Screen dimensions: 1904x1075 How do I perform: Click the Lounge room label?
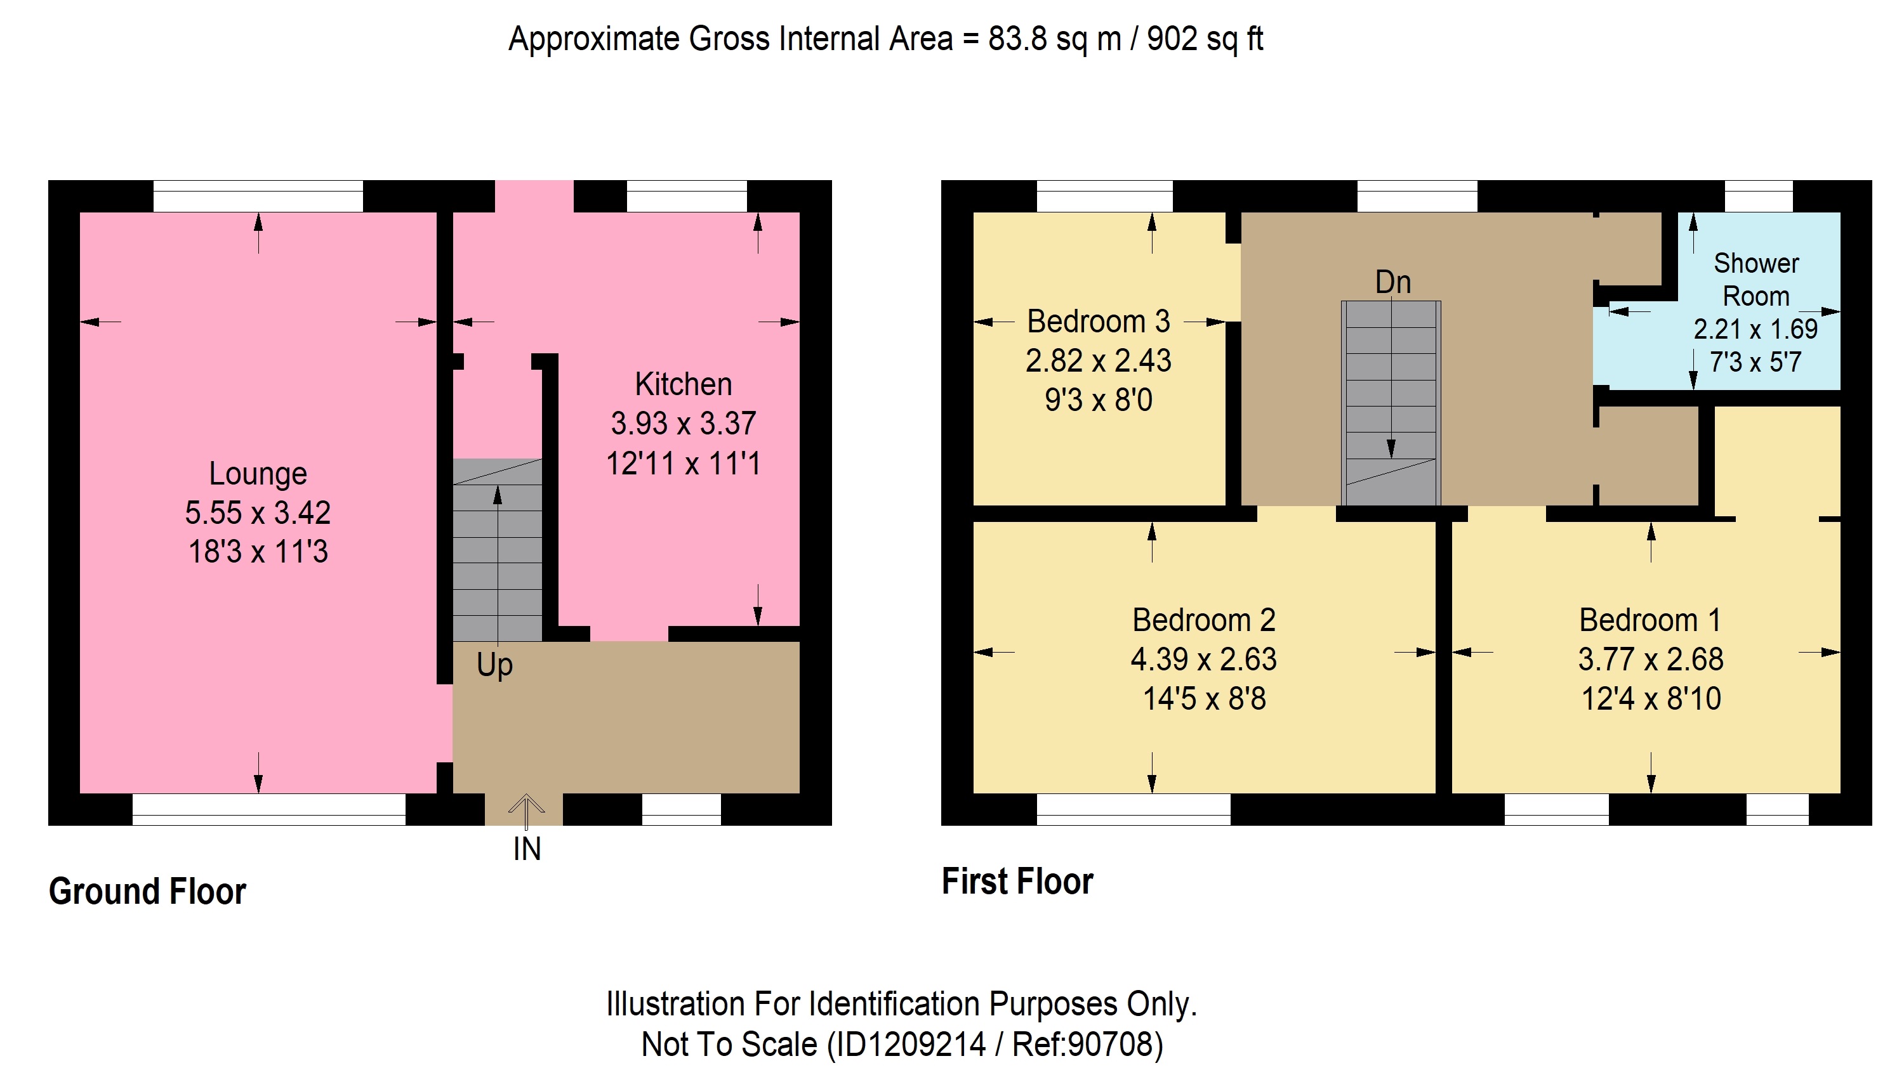[x=258, y=474]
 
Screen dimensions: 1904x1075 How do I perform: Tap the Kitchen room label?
[x=684, y=384]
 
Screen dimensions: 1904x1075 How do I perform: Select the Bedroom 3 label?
[x=1099, y=322]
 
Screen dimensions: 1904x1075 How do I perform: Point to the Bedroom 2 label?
[x=1204, y=620]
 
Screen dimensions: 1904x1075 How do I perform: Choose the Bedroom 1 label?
[x=1651, y=620]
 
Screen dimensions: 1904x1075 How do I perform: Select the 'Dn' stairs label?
[x=1393, y=282]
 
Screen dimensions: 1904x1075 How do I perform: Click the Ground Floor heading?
[x=147, y=891]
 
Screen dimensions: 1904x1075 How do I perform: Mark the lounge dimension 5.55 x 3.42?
[x=258, y=512]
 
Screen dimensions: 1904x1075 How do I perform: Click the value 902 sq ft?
[x=1205, y=39]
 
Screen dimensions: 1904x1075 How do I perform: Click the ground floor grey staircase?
[x=498, y=550]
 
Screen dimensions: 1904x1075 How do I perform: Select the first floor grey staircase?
[x=1391, y=403]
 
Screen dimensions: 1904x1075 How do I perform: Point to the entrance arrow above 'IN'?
[x=526, y=811]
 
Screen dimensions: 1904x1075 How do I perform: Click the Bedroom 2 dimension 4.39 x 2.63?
[x=1204, y=659]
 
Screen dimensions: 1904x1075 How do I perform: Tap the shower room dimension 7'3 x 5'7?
[x=1756, y=362]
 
